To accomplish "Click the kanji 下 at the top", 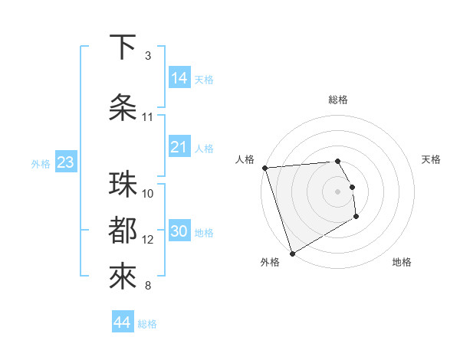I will (x=123, y=47).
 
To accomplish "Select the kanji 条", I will (x=123, y=108).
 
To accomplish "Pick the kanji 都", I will (x=123, y=231).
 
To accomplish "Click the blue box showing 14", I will (x=179, y=78).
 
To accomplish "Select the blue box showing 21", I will (x=179, y=147).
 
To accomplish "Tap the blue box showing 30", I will (x=179, y=231).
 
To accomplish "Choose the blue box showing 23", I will (x=65, y=162).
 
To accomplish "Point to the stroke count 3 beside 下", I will (x=148, y=56).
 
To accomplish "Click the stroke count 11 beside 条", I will (x=148, y=117).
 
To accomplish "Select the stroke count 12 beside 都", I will (x=148, y=240).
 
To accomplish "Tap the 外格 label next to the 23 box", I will (x=40, y=163).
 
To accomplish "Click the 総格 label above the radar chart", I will (x=338, y=100).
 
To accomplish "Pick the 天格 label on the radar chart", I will (x=432, y=159).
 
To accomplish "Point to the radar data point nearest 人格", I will (x=264, y=168).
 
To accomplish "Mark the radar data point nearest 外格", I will (x=292, y=253).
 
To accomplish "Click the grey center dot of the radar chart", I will (x=337, y=191).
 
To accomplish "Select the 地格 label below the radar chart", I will (x=402, y=262).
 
